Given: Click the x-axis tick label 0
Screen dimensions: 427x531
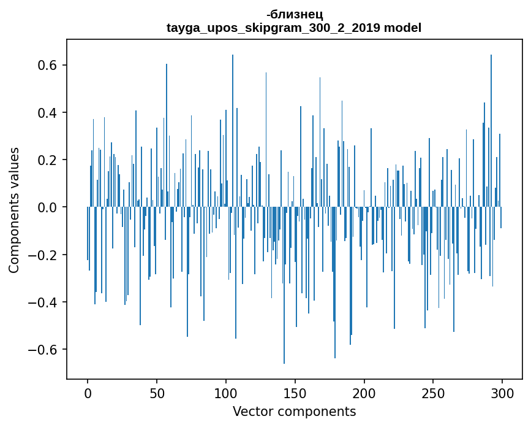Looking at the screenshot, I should click(88, 393).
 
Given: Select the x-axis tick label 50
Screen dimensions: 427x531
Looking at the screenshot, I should click(157, 393).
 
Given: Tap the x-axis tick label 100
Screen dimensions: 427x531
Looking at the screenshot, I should click(226, 393).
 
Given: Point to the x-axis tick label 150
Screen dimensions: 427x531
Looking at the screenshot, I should click(295, 393).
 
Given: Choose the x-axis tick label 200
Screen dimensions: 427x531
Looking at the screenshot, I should click(364, 393).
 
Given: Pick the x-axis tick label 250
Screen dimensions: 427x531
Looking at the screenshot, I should click(434, 393).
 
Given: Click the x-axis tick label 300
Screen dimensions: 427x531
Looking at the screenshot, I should click(503, 393).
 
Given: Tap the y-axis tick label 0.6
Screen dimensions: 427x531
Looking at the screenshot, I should click(49, 66).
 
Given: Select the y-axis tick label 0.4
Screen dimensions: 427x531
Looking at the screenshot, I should click(49, 113).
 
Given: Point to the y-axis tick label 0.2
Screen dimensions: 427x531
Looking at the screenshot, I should click(49, 160).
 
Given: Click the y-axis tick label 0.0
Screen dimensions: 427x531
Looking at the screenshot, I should click(49, 207).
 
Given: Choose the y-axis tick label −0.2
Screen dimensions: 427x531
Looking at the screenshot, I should click(45, 255).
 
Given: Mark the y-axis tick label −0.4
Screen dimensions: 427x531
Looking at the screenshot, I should click(45, 302).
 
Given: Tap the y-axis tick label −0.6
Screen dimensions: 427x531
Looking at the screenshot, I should click(45, 350).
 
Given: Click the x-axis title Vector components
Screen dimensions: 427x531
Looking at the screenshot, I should click(294, 411).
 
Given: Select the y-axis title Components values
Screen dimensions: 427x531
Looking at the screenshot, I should click(14, 210).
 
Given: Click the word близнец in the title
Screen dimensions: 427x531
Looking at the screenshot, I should click(296, 15).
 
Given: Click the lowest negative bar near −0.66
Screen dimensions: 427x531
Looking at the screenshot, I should click(284, 362).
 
